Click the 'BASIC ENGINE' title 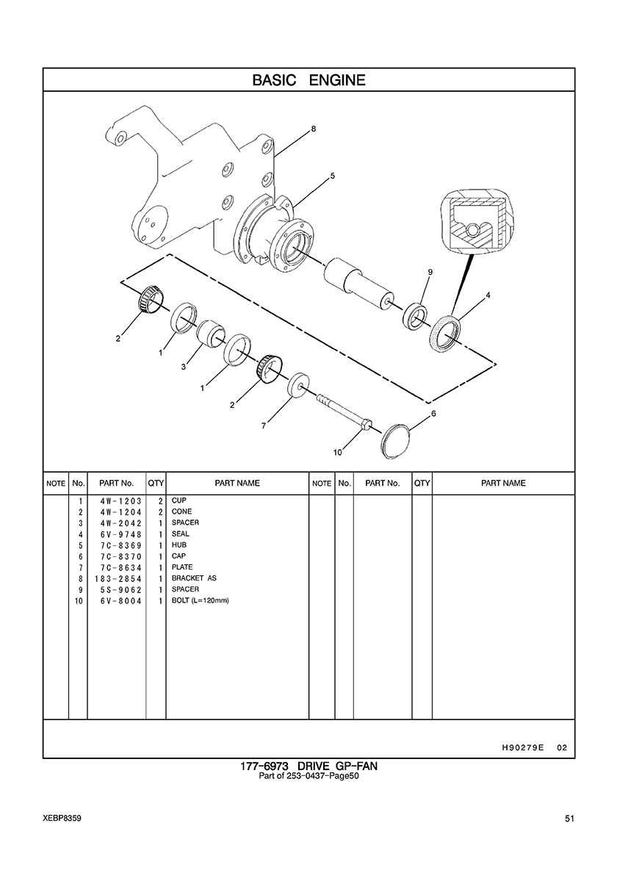coord(308,80)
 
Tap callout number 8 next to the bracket coord(313,129)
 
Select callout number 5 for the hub coord(332,176)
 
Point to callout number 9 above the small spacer coord(430,272)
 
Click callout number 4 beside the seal coord(488,295)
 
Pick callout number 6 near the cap coord(433,414)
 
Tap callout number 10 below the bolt coord(338,453)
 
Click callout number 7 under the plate coord(264,426)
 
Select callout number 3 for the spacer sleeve coord(183,367)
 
